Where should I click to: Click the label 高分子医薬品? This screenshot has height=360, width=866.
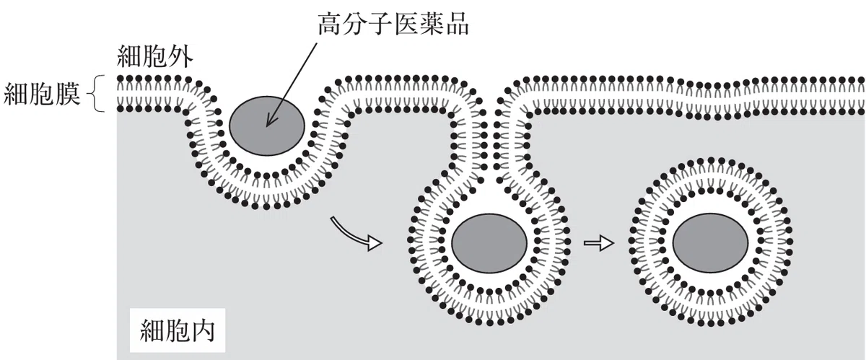tap(393, 24)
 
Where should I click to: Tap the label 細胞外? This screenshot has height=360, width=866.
tap(154, 57)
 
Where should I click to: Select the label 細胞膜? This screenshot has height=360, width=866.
tap(42, 94)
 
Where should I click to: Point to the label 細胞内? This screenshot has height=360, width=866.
tap(178, 330)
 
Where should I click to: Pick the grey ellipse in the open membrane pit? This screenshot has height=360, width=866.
tap(267, 126)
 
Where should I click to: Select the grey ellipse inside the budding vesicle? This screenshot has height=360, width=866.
tap(489, 243)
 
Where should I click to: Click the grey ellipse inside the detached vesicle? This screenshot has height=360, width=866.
tap(711, 243)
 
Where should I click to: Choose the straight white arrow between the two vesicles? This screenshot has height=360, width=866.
tap(598, 243)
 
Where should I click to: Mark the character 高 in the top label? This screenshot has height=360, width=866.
tap(331, 24)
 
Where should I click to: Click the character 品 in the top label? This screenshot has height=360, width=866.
tap(457, 24)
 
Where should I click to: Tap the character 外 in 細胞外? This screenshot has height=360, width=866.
tap(180, 57)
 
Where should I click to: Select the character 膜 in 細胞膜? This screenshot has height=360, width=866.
tap(68, 94)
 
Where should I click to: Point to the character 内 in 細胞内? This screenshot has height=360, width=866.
tap(203, 330)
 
